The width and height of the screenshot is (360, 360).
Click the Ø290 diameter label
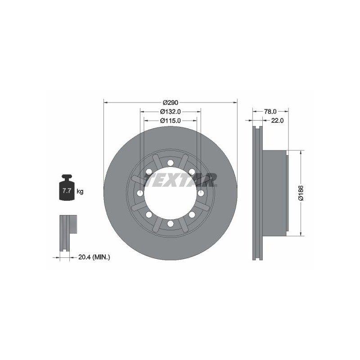(x=171, y=103)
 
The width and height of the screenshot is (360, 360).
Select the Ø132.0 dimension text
(x=171, y=112)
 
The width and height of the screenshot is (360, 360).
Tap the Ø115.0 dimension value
(x=171, y=120)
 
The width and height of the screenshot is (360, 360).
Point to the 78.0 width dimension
(x=270, y=112)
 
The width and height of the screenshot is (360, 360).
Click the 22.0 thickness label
(x=277, y=120)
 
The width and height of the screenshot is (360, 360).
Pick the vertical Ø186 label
(x=301, y=193)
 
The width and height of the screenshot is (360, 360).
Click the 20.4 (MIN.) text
(x=94, y=257)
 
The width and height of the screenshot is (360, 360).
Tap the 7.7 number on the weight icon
(x=66, y=190)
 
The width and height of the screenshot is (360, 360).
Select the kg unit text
(x=80, y=191)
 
